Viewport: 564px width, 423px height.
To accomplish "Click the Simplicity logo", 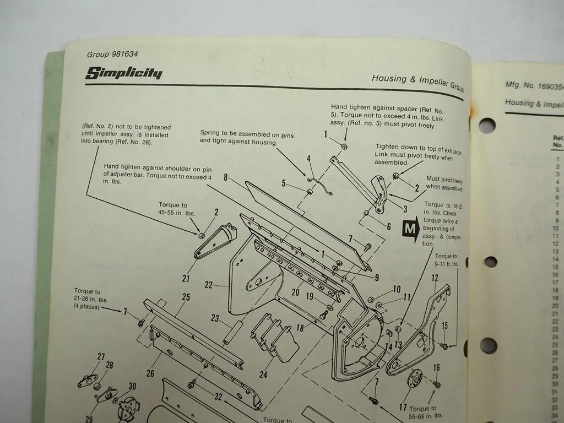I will (x=123, y=73).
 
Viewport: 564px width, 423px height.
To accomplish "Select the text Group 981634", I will (x=112, y=54).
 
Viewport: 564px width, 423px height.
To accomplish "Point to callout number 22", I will (x=208, y=285).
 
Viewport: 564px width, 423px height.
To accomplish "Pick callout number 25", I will (x=186, y=297).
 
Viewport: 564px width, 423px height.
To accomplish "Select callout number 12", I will (x=435, y=278).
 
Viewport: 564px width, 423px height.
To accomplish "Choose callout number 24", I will (x=263, y=375).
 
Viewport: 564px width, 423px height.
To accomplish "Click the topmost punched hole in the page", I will (x=486, y=126).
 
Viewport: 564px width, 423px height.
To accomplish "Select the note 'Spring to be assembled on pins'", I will (x=246, y=138).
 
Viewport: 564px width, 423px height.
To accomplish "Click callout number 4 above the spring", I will (x=309, y=159).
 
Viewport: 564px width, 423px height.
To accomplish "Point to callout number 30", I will (x=132, y=386).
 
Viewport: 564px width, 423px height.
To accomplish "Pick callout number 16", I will (x=436, y=367).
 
